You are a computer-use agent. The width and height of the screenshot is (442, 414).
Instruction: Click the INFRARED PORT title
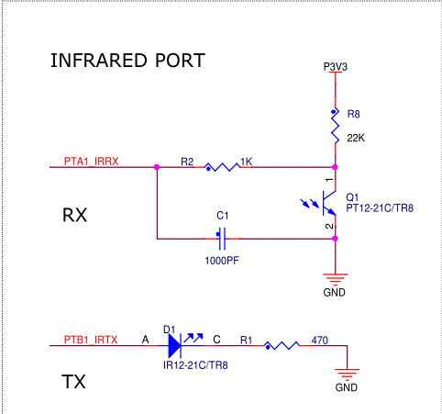pyautogui.click(x=127, y=62)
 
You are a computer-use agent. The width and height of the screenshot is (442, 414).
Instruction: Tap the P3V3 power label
pyautogui.click(x=337, y=67)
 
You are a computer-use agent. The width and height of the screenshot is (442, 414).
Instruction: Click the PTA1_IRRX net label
pyautogui.click(x=91, y=161)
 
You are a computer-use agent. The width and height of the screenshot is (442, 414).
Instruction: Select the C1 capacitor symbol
pyautogui.click(x=221, y=239)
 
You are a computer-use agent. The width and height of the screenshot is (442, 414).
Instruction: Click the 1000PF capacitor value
pyautogui.click(x=223, y=259)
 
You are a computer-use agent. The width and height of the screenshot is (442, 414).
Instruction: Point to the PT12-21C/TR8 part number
pyautogui.click(x=380, y=208)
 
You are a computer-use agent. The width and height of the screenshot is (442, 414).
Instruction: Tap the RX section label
pyautogui.click(x=75, y=216)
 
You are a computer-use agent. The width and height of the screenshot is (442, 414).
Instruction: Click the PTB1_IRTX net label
pyautogui.click(x=91, y=340)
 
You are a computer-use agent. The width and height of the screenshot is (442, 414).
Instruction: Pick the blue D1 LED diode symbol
pyautogui.click(x=176, y=346)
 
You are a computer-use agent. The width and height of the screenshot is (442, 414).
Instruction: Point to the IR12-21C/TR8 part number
pyautogui.click(x=194, y=364)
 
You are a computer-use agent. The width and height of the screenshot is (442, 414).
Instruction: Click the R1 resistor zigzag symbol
pyautogui.click(x=281, y=346)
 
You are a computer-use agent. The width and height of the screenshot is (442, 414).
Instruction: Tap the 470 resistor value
pyautogui.click(x=321, y=340)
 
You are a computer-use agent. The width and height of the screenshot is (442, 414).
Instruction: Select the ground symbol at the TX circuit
pyautogui.click(x=347, y=373)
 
